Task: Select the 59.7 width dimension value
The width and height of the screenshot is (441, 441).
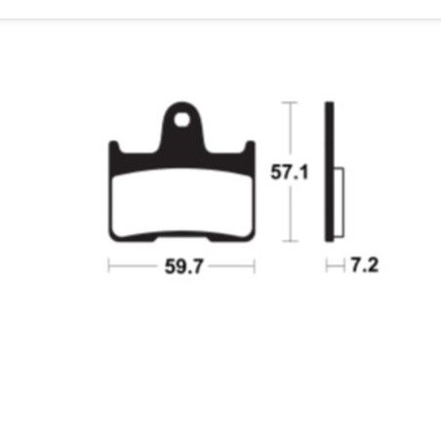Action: pos(180,264)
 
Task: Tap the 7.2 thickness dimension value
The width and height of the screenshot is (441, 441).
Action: pos(363,264)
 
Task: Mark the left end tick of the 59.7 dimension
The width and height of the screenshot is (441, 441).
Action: pos(107,264)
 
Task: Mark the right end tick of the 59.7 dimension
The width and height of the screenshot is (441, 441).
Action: pos(255,264)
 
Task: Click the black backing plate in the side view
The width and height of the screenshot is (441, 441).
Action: pos(329,171)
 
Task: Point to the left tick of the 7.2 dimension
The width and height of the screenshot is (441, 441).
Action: pos(326,264)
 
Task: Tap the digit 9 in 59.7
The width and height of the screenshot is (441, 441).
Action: pos(176,264)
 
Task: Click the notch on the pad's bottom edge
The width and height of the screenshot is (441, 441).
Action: pos(180,235)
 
